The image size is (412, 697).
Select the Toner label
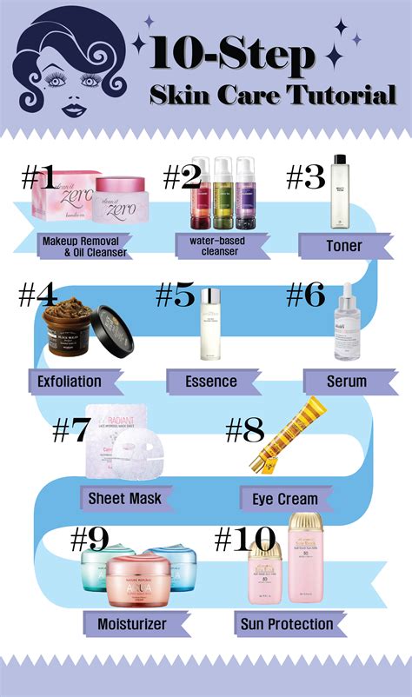click(343, 246)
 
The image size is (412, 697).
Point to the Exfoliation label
click(70, 381)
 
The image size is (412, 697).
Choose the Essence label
click(210, 381)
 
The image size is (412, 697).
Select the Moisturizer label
click(126, 622)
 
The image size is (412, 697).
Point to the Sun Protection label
click(284, 623)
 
